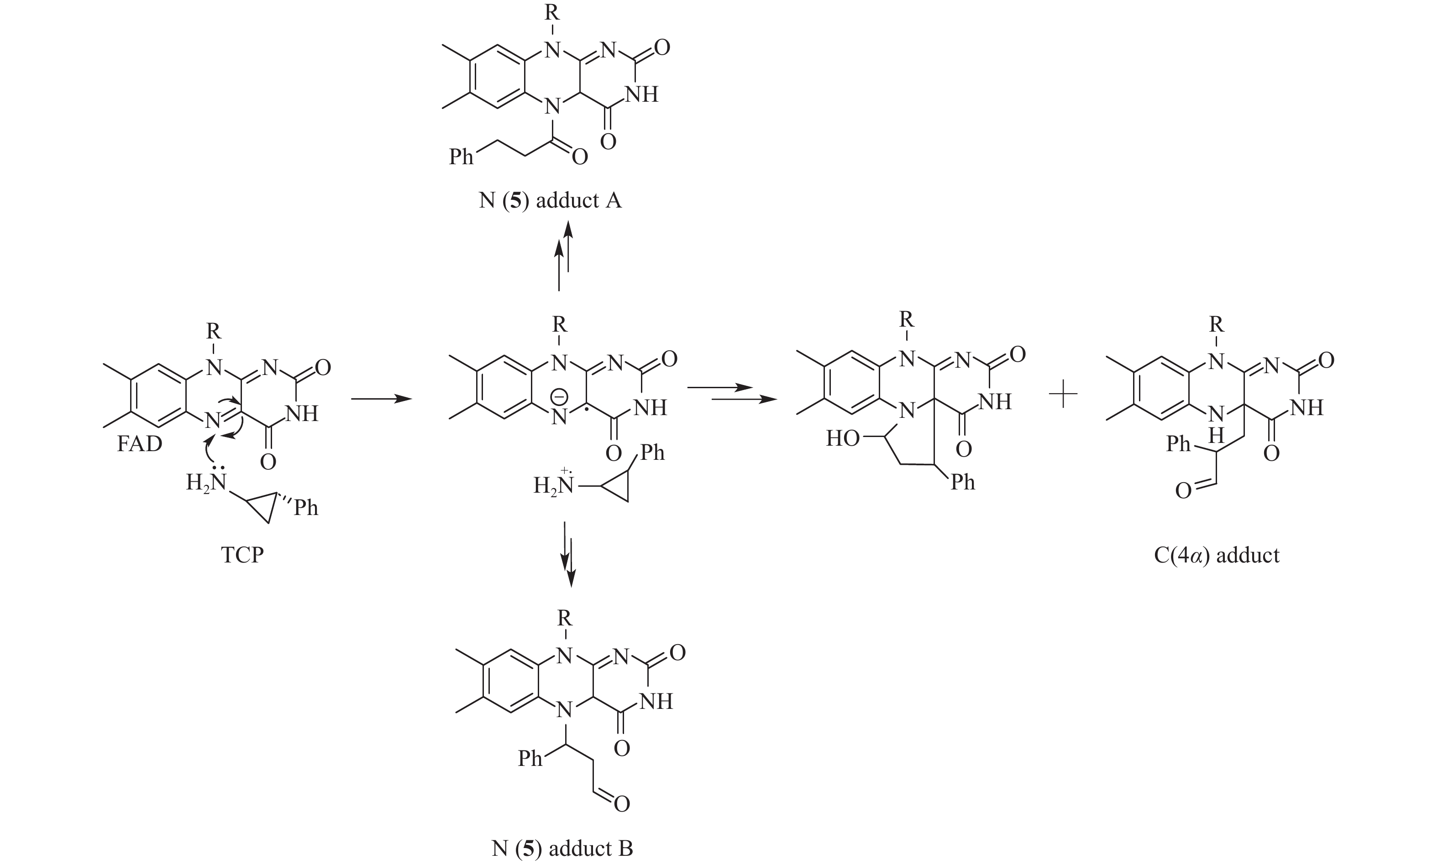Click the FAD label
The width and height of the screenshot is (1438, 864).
pyautogui.click(x=139, y=444)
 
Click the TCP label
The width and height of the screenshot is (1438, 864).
pyautogui.click(x=242, y=555)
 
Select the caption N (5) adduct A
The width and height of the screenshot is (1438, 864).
pyautogui.click(x=550, y=200)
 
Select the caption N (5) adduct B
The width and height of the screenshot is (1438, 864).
pyautogui.click(x=562, y=848)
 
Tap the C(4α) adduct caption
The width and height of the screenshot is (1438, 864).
pyautogui.click(x=1217, y=555)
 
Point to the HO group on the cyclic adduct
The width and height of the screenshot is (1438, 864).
pyautogui.click(x=843, y=438)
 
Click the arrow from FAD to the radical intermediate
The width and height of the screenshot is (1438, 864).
pyautogui.click(x=382, y=399)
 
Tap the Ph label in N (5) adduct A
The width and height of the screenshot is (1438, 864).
pyautogui.click(x=461, y=156)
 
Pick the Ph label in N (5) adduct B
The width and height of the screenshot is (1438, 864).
pyautogui.click(x=530, y=759)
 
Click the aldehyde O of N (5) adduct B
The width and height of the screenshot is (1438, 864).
pyautogui.click(x=622, y=804)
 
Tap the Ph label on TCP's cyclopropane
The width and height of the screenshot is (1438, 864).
pyautogui.click(x=306, y=508)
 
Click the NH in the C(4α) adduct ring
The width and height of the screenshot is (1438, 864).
pyautogui.click(x=1307, y=407)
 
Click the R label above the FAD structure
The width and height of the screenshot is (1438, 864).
pyautogui.click(x=214, y=331)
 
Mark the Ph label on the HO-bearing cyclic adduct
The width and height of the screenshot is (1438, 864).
pyautogui.click(x=963, y=482)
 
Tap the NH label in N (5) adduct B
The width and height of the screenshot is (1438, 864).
pyautogui.click(x=656, y=702)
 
